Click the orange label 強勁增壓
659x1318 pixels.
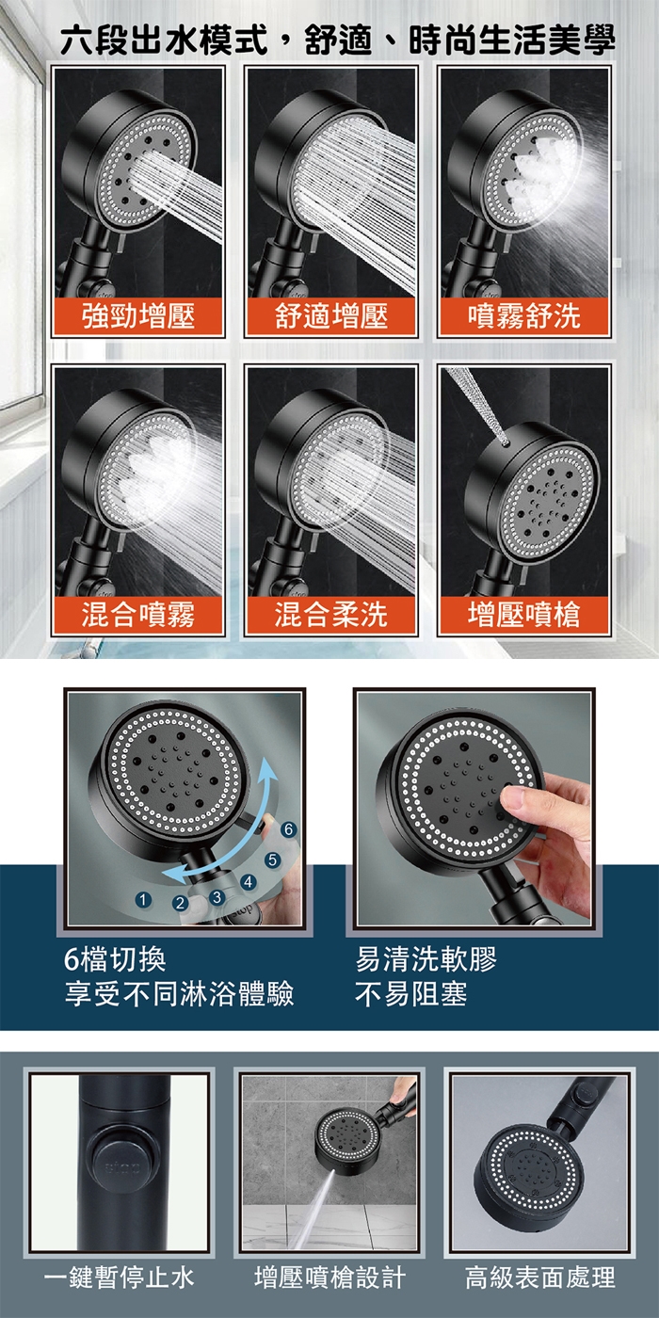coord(137,316)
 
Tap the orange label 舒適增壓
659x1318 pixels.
coord(331,316)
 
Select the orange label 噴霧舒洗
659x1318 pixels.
coord(523,316)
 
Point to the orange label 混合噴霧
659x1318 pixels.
coord(137,615)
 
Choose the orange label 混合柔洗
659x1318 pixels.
coord(331,615)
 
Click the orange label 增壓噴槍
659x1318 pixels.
coord(523,615)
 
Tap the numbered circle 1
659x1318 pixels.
coord(143,900)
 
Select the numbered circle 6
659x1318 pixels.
coord(288,829)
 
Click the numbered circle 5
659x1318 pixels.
coord(271,860)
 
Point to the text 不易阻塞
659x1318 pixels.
coord(411,994)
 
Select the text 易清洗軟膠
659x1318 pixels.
coord(426,959)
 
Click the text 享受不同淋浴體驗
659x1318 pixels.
coord(179,994)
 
